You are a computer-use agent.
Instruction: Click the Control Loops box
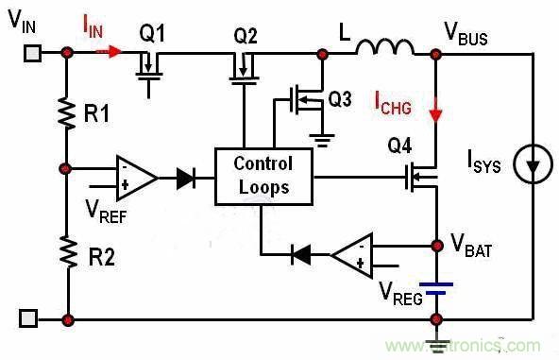[x=263, y=176]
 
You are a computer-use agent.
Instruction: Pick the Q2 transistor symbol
[x=243, y=69]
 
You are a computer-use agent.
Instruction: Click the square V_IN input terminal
[x=30, y=54]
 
